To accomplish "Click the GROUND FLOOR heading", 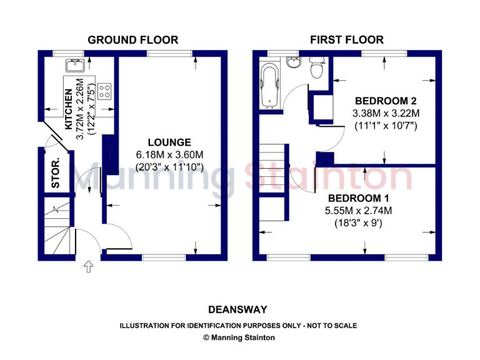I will [x=132, y=40].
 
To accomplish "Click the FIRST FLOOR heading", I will [x=347, y=40].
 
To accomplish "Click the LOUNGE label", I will [x=169, y=142].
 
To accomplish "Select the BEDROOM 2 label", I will [x=386, y=101].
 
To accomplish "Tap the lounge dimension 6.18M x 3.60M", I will [x=169, y=155].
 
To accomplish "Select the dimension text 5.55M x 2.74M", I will [x=358, y=210].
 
